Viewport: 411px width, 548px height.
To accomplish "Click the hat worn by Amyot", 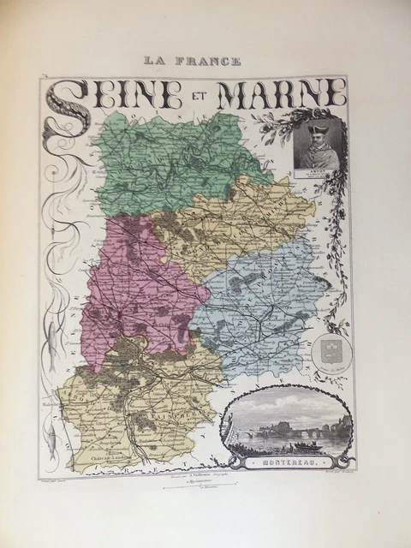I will [x=316, y=127].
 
